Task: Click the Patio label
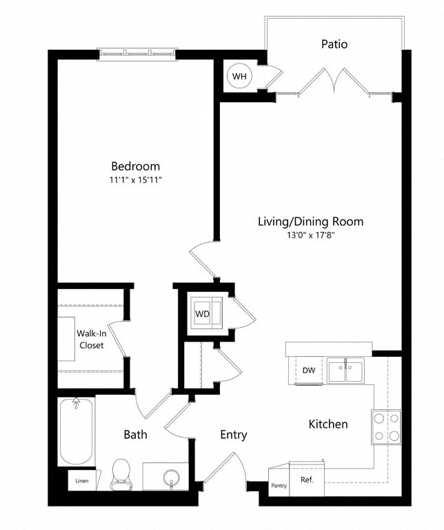click(x=334, y=44)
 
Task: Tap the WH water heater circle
click(x=239, y=75)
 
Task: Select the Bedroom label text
click(x=136, y=166)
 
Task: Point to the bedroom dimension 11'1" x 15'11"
click(x=136, y=179)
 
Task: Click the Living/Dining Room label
click(x=310, y=222)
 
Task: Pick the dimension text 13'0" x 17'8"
click(x=310, y=235)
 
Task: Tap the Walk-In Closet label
click(x=90, y=339)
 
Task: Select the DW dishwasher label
click(x=309, y=371)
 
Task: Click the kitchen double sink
click(x=346, y=371)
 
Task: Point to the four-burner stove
click(x=386, y=426)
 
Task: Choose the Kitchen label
click(x=328, y=424)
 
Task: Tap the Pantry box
click(x=279, y=485)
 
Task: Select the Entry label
click(x=234, y=435)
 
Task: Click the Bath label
click(x=135, y=435)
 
